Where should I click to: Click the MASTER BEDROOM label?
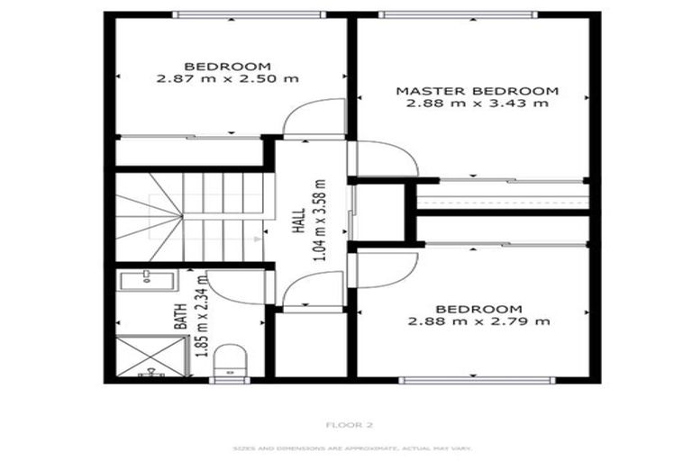point(478,91)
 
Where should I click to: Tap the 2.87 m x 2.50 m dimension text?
point(227,79)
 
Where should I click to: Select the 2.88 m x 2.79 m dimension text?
point(478,321)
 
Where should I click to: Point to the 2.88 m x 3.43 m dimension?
point(478,104)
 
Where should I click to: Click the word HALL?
point(298,221)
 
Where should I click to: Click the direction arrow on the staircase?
point(259,239)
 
